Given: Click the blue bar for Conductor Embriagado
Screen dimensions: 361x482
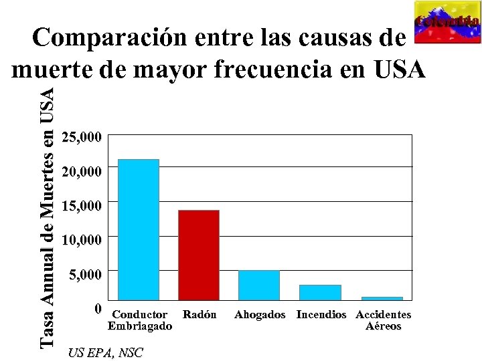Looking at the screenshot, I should pos(139,229).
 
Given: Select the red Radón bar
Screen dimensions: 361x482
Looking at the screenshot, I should pos(199,255).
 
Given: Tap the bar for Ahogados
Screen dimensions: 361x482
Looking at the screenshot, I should pos(259,285).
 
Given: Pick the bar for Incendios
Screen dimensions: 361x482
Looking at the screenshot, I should pos(320,292).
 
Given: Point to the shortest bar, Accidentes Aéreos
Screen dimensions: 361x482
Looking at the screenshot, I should pos(382,298).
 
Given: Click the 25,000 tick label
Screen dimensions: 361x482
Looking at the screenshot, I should pos(82,138).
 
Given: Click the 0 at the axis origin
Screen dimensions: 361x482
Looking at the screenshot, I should pos(98,309).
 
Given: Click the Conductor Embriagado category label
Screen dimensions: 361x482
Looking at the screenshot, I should pos(140,320).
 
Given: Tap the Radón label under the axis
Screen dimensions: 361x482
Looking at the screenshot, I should pos(199,314).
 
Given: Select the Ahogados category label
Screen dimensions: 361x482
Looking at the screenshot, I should pos(260,314).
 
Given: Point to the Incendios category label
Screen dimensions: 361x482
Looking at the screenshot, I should pos(321,314).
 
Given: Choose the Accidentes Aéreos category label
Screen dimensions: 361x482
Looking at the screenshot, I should pos(384,320).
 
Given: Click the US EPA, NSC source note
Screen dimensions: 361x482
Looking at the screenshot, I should pos(105,353).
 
